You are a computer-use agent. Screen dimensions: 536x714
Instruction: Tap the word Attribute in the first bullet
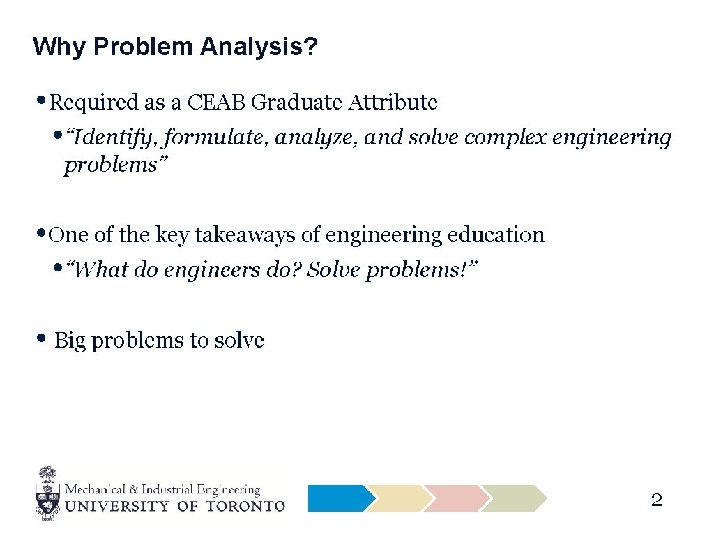click(393, 103)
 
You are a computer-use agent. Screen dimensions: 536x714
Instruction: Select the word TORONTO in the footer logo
click(245, 506)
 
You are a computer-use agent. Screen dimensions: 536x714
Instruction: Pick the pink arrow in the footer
click(455, 498)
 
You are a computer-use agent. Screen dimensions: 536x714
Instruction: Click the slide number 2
click(656, 500)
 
